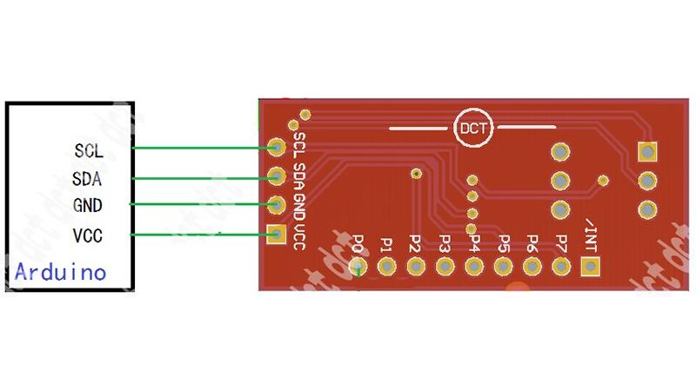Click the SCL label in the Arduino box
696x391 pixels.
coord(89,149)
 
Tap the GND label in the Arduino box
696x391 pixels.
coord(89,206)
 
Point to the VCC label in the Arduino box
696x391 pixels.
coord(89,235)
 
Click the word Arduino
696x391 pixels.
coord(61,272)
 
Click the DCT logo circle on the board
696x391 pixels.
coord(473,129)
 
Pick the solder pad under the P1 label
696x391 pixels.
coord(388,267)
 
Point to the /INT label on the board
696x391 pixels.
coord(592,235)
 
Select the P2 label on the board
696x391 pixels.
coord(416,242)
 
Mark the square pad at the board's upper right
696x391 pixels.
coord(646,151)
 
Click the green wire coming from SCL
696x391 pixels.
coord(200,148)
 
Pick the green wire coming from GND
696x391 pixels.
coord(200,205)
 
